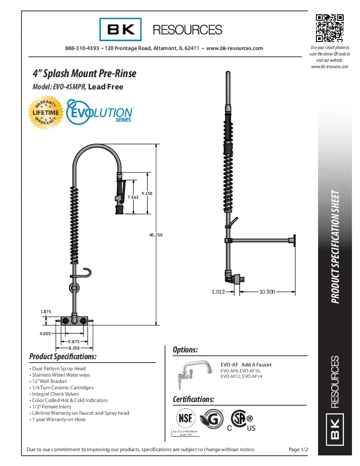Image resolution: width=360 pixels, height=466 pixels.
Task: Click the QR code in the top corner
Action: coord(330,28)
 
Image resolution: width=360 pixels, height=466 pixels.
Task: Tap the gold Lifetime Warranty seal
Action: coord(47,113)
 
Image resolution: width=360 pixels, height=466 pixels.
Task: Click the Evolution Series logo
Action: coord(101,111)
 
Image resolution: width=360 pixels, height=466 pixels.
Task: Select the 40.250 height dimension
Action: coord(156,235)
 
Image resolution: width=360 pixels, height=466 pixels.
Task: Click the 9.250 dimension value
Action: coord(147,193)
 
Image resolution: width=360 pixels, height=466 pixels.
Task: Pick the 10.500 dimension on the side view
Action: coord(267,291)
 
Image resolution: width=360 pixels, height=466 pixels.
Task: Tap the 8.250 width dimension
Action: coord(75,347)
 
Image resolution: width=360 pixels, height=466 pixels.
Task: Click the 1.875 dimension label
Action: coord(46,311)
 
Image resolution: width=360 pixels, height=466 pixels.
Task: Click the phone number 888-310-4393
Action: coord(82,48)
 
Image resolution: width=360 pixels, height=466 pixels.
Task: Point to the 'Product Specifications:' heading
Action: coord(63,356)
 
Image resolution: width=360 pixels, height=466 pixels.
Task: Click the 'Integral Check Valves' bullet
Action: coord(55,394)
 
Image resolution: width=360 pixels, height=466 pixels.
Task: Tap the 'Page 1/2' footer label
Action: coord(298,449)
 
